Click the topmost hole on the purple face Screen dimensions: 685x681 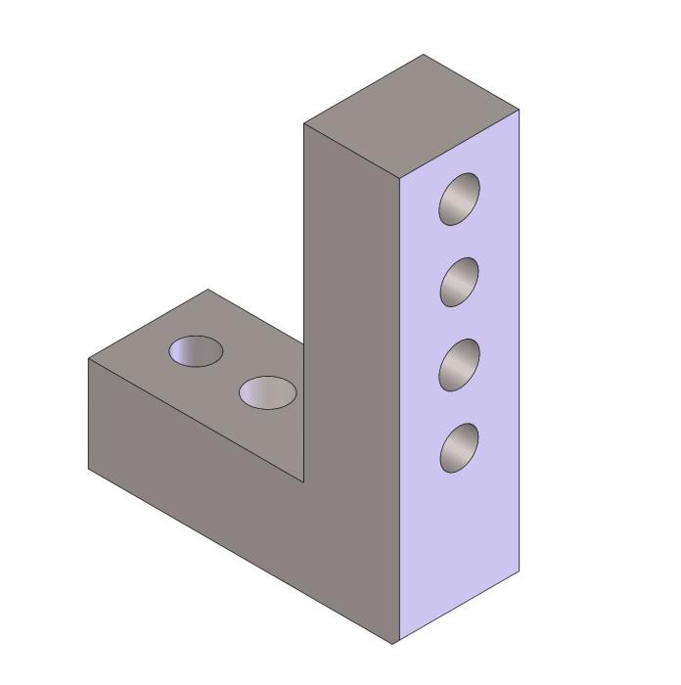[x=460, y=199]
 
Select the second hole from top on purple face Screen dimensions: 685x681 [x=460, y=282]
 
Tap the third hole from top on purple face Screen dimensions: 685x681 [x=460, y=364]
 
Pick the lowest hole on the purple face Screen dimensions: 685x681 [x=460, y=447]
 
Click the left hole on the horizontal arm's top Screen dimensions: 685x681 [x=196, y=351]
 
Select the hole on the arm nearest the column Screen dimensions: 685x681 [x=268, y=391]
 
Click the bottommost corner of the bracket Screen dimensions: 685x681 [x=393, y=643]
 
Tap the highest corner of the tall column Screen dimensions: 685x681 [x=423, y=55]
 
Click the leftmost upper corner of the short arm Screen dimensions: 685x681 [x=89, y=359]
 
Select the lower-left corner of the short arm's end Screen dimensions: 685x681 [x=89, y=470]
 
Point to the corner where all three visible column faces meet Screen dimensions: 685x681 [x=399, y=180]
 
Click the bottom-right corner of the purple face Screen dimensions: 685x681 [x=520, y=571]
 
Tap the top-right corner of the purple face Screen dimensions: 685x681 [x=520, y=111]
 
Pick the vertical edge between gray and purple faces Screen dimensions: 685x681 [x=399, y=411]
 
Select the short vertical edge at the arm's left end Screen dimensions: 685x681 [x=89, y=415]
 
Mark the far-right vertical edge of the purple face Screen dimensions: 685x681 [x=520, y=342]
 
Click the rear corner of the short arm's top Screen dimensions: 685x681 [x=207, y=290]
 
